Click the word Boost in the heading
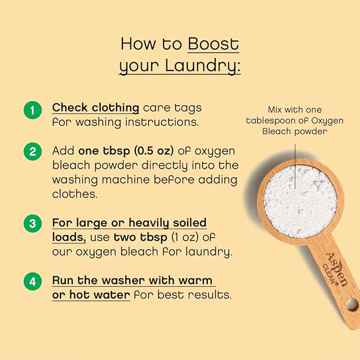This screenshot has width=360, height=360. (x=213, y=44)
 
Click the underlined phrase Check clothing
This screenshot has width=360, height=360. (x=95, y=108)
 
